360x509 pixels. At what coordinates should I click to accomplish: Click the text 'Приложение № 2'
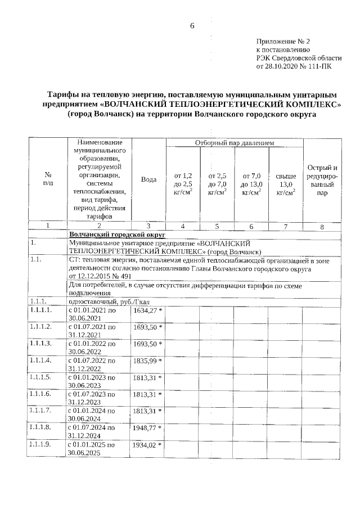click(x=283, y=42)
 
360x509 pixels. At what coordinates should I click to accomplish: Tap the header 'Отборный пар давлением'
click(x=234, y=143)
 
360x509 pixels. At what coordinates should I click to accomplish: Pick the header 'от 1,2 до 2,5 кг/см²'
click(x=183, y=184)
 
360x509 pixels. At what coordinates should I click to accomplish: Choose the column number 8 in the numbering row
click(x=322, y=226)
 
